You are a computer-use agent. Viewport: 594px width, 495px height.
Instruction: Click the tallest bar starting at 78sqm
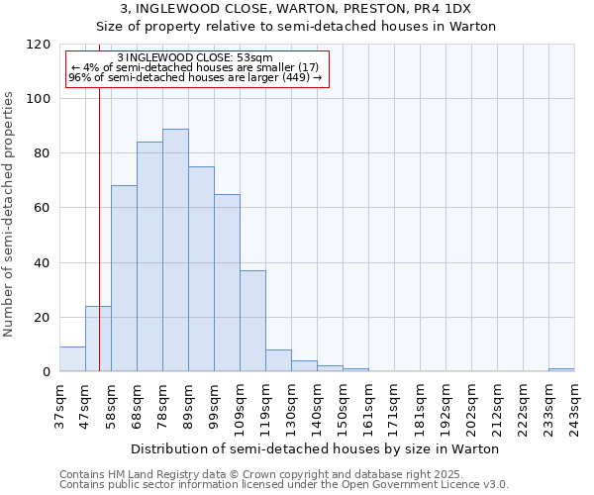click(175, 250)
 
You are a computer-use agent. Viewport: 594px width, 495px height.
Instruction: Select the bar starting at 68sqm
click(149, 257)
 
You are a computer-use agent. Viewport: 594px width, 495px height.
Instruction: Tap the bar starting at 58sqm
click(124, 278)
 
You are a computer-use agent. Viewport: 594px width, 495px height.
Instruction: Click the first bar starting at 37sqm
click(72, 359)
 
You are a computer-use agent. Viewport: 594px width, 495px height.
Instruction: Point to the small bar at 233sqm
click(561, 369)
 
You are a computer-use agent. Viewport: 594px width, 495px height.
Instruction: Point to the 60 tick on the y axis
click(41, 208)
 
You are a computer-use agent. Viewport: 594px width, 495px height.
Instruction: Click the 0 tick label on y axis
click(45, 372)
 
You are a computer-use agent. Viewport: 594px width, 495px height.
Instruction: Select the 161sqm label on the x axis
click(368, 406)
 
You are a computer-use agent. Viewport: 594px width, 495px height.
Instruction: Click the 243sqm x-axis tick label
click(574, 406)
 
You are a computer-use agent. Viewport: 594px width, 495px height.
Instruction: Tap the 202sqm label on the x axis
click(471, 406)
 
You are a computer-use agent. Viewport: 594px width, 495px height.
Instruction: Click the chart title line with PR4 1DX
click(296, 9)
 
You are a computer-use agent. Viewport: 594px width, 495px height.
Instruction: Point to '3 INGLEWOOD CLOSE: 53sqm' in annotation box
click(195, 58)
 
